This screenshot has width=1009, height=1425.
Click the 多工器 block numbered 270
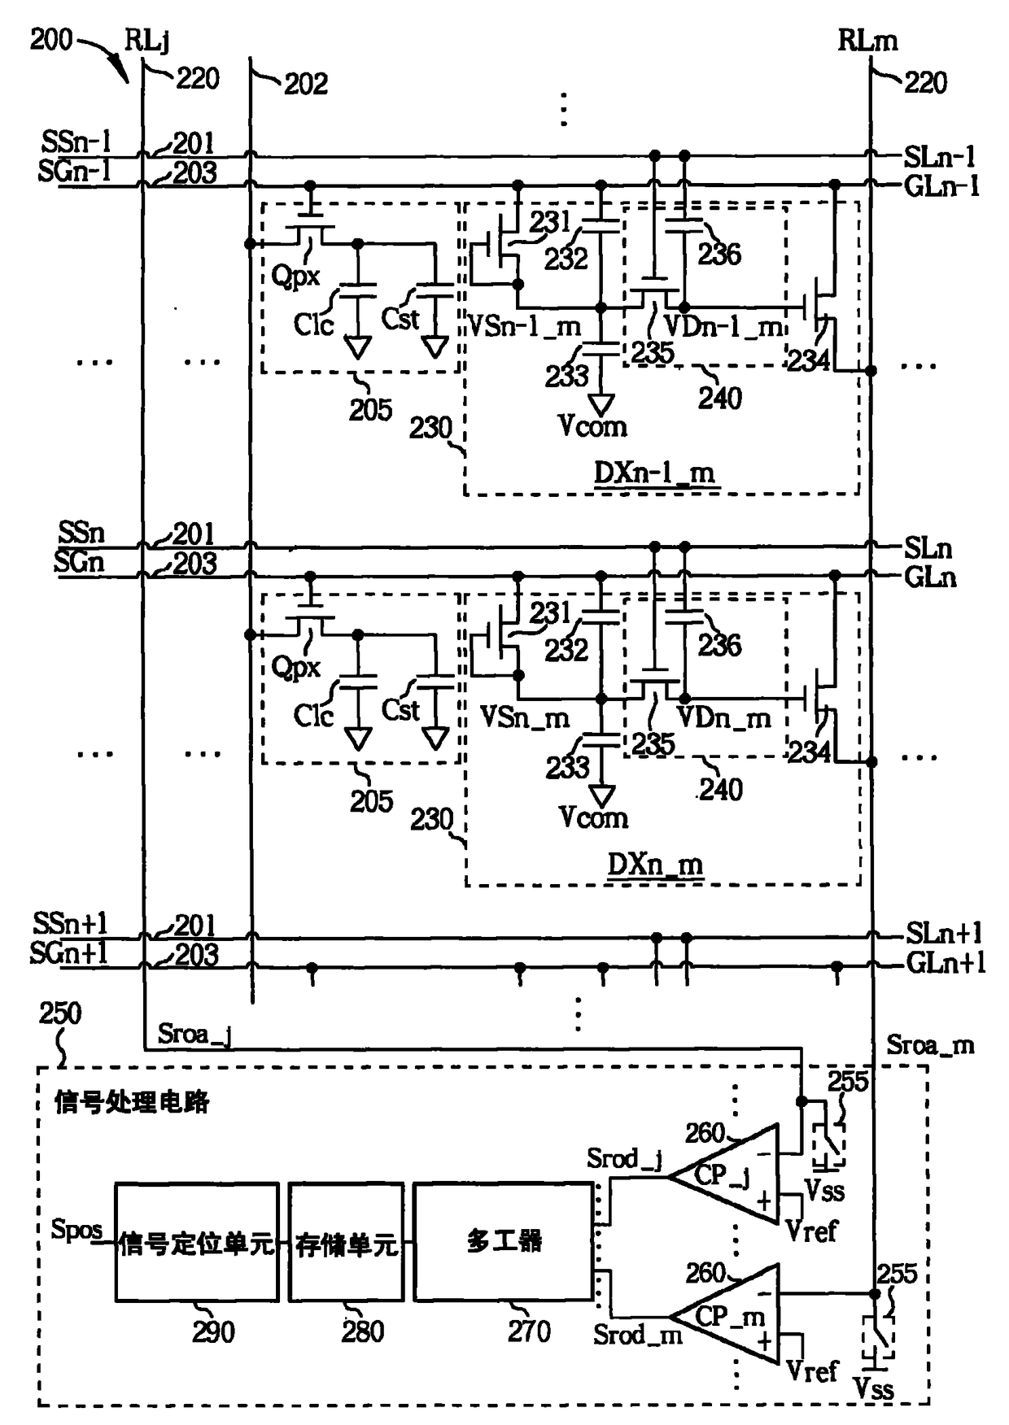[504, 1241]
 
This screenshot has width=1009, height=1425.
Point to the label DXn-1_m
[654, 473]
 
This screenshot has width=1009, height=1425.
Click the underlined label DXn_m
[655, 864]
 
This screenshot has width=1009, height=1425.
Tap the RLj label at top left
[146, 39]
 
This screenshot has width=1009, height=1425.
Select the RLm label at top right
[867, 40]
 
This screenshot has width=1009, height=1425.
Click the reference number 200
[51, 38]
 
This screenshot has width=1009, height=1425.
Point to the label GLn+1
[946, 963]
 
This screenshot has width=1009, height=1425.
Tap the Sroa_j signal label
[194, 1034]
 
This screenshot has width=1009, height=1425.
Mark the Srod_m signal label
[637, 1334]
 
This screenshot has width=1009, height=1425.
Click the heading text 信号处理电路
[132, 1102]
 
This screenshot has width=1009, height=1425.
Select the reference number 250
[60, 1013]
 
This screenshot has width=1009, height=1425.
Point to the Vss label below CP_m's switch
[873, 1388]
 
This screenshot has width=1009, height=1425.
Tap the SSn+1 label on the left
[70, 923]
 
